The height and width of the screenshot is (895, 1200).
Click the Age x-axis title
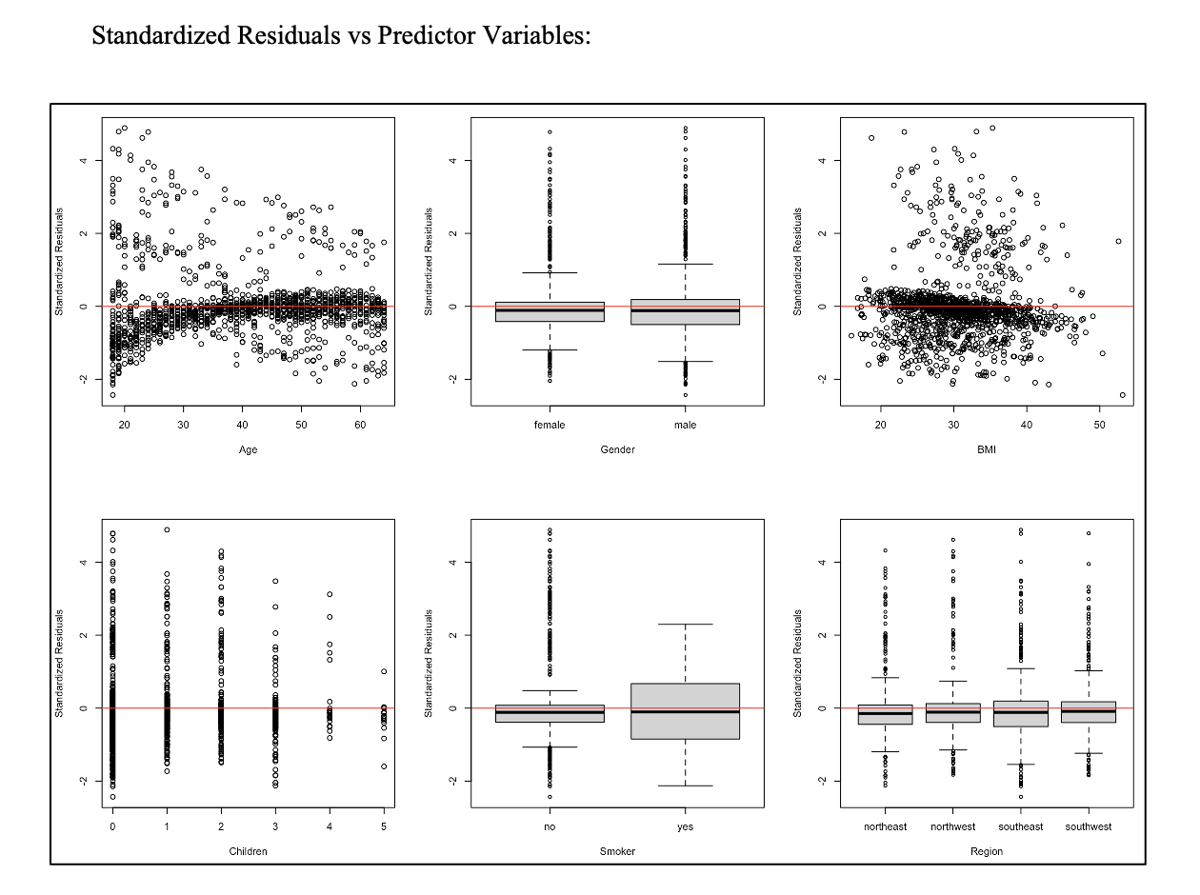coord(248,449)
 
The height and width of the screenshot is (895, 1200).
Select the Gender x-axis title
coord(617,449)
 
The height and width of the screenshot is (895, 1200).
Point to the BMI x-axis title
coord(987,449)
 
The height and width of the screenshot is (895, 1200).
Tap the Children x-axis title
coord(248,851)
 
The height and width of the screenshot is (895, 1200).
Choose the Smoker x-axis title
coord(617,851)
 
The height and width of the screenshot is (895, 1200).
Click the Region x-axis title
coord(987,851)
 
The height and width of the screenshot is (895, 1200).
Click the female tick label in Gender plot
coord(550,426)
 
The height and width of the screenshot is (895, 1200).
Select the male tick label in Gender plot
coord(685,426)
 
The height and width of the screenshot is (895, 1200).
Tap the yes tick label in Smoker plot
coord(685,827)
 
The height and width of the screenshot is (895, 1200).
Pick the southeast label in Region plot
coord(1021,827)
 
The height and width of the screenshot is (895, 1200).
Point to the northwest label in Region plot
coord(953,827)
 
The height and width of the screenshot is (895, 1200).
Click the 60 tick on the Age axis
coord(360,426)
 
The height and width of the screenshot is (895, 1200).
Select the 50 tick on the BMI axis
coord(1099,426)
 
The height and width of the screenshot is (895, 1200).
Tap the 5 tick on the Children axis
coord(384,827)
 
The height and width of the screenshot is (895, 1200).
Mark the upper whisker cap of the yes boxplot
coord(685,625)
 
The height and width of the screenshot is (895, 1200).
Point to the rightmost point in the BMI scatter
coord(1123,394)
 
